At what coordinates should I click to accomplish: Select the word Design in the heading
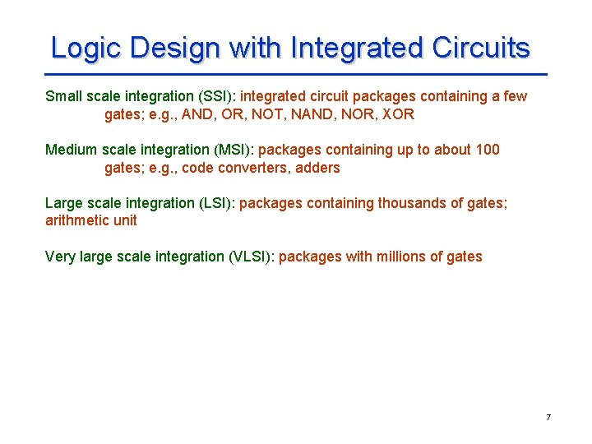click(x=175, y=48)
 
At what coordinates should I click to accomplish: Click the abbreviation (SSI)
click(x=213, y=96)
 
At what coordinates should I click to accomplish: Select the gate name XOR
click(x=398, y=114)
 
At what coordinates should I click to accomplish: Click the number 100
click(x=487, y=150)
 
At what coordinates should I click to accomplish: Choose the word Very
click(x=60, y=257)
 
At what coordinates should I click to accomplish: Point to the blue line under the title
click(x=296, y=74)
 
